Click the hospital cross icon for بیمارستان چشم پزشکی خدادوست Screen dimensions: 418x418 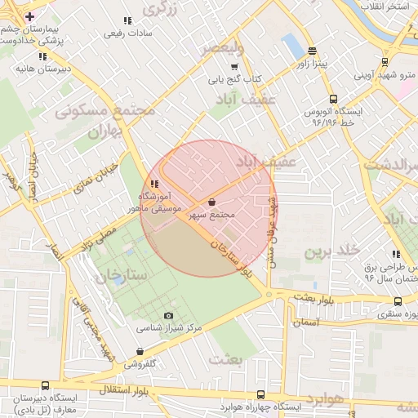click(x=30, y=17)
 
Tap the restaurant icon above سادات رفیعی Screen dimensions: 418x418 click(x=126, y=20)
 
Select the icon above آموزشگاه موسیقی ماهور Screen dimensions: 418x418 click(x=153, y=184)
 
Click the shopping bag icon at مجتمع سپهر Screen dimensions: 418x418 click(x=212, y=202)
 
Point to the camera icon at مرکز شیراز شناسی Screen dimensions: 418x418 click(x=169, y=315)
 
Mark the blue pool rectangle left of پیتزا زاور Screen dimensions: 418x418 click(x=291, y=46)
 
